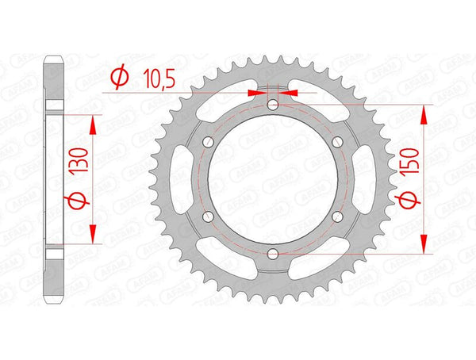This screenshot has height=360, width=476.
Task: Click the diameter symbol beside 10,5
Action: (x=119, y=77)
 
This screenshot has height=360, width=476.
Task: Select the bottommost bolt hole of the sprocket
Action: (x=273, y=253)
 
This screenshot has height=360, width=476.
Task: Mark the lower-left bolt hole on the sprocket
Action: (x=209, y=216)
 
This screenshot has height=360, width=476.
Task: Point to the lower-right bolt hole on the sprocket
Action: (x=337, y=216)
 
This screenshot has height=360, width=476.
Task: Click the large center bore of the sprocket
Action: (x=273, y=179)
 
